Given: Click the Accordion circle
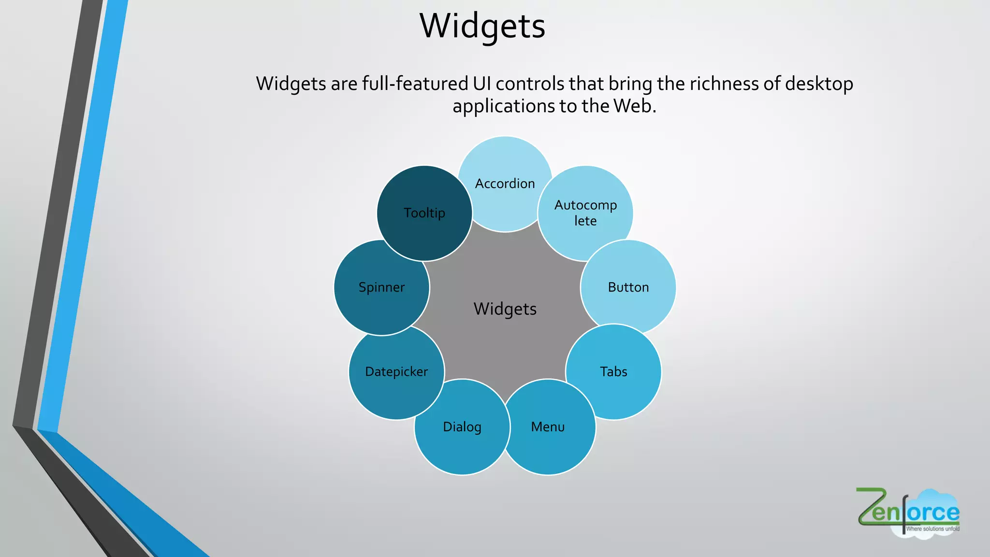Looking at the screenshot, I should [505, 184].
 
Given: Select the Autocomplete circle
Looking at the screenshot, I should [585, 213].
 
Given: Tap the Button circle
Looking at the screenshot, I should [628, 287].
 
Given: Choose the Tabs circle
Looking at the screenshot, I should [613, 371].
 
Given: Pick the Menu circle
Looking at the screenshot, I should [548, 427].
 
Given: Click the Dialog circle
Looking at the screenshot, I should [462, 427].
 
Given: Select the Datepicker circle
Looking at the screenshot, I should [396, 371].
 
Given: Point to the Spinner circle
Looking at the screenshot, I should [381, 287].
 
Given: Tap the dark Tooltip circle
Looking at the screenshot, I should [424, 213].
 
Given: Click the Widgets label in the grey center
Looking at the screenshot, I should [505, 309].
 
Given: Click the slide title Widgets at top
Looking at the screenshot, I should [482, 26].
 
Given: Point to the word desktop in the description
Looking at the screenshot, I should [819, 84].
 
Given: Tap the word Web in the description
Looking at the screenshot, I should [634, 106].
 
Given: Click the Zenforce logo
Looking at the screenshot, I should [908, 512].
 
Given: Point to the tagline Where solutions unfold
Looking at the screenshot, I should [932, 529].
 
